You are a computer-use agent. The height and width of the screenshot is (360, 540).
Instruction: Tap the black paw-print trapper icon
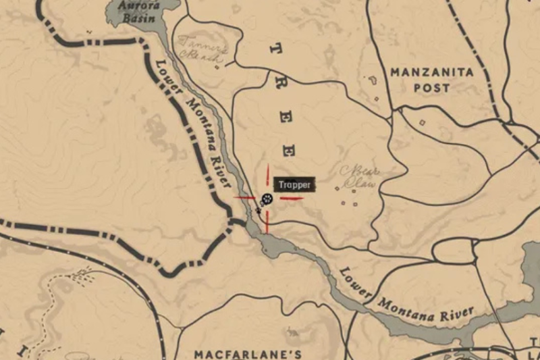pyautogui.click(x=267, y=199)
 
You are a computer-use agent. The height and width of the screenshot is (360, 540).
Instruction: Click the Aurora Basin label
pyautogui.click(x=138, y=11)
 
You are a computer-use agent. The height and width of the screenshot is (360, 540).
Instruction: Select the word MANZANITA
pyautogui.click(x=432, y=72)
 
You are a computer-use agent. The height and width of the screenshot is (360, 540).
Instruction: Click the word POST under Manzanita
pyautogui.click(x=432, y=88)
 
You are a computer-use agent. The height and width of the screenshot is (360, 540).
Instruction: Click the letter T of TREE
pyautogui.click(x=273, y=48)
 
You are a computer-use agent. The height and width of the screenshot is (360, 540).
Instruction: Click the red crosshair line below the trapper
pyautogui.click(x=267, y=222)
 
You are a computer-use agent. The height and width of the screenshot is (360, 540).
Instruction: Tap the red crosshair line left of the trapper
pyautogui.click(x=244, y=198)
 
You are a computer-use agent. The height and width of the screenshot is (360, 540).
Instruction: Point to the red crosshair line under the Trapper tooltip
pyautogui.click(x=291, y=199)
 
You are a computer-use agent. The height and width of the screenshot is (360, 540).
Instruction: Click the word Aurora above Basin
pyautogui.click(x=138, y=5)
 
